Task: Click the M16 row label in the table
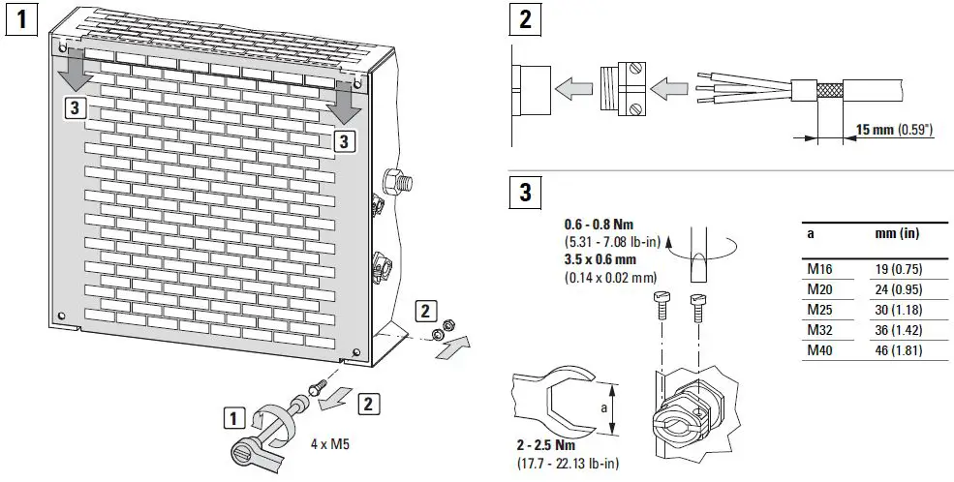tap(817, 271)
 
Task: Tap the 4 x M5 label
tap(329, 446)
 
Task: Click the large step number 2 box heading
tap(525, 19)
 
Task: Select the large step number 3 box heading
tap(525, 192)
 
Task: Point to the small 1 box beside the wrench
tap(232, 418)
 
